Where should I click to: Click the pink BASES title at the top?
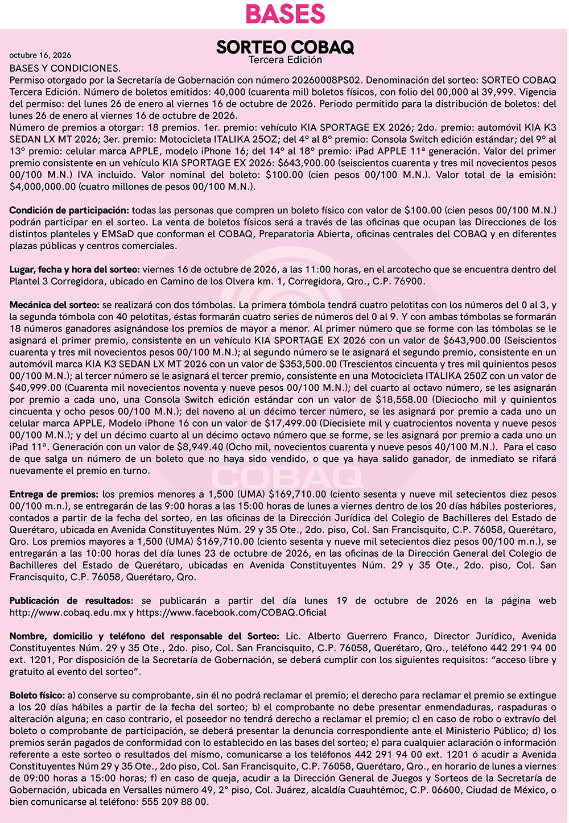[285, 14]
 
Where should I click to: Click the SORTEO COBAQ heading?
[285, 47]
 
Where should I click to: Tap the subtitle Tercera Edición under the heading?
[285, 60]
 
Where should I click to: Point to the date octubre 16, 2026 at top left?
[40, 55]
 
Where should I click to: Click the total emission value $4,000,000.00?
[43, 187]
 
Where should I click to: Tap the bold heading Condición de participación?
[69, 210]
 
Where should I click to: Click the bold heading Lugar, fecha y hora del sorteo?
[75, 269]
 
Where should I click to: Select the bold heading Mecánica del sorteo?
[55, 305]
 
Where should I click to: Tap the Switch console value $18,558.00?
[402, 399]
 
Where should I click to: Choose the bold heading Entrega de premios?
[54, 494]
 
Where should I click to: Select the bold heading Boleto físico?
[37, 695]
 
